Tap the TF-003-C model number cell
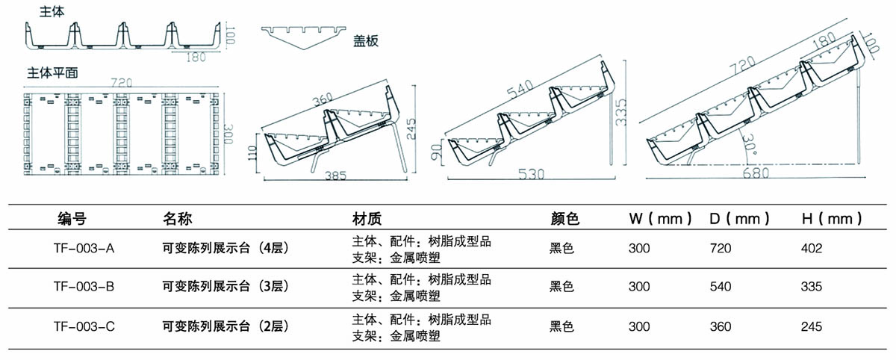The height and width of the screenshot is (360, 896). point(84,326)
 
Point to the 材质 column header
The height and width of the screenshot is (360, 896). point(367,219)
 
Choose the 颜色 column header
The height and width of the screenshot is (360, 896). point(564,219)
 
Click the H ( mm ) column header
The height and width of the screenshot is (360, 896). point(831,219)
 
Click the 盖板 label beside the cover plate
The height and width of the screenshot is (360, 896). point(366,41)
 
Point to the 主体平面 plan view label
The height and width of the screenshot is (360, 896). point(53,73)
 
